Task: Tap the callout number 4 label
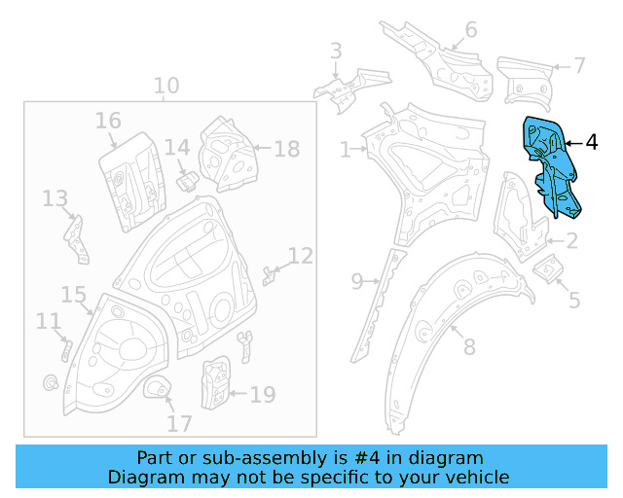592,142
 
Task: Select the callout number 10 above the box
166,86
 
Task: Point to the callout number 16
108,121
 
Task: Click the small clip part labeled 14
187,180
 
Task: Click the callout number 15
74,294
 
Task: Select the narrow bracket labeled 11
65,348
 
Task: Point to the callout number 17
178,424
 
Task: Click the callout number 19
263,395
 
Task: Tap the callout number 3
336,51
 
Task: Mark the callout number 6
471,30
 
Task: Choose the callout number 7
579,66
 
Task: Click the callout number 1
345,150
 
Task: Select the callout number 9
357,282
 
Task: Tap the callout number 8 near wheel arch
469,346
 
